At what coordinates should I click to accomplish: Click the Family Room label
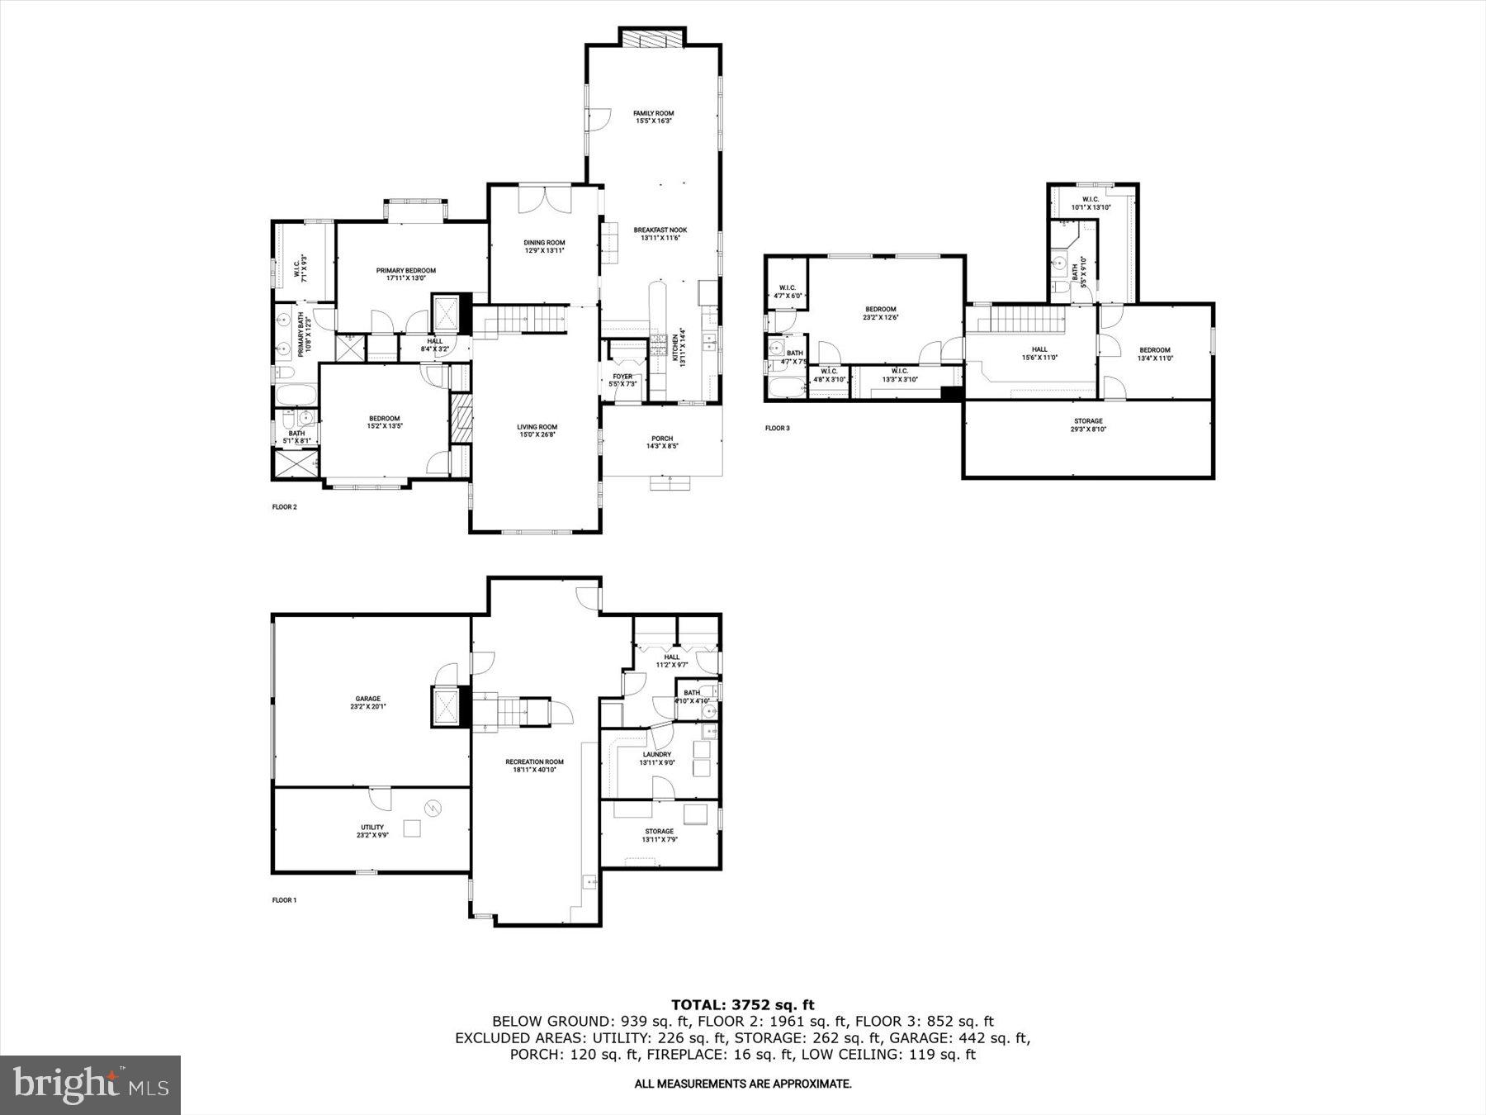coord(653,116)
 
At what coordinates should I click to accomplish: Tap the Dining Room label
coord(544,246)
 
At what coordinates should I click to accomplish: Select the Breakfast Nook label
coord(660,234)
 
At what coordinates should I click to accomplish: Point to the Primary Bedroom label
coord(405,274)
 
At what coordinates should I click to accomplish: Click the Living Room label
coord(537,430)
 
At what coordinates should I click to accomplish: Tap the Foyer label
coord(622,380)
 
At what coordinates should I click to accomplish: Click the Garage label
coord(367,702)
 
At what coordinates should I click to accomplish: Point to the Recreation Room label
coord(534,766)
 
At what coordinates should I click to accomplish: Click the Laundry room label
coord(656,758)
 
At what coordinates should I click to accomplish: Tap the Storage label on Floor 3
coord(1087,425)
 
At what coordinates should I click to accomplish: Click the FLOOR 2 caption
coord(284,507)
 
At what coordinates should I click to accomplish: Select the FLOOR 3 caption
coord(777,428)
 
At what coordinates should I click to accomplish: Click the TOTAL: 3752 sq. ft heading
coord(742,1005)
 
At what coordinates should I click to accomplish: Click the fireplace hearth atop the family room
coord(652,39)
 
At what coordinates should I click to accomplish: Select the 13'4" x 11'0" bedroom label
coord(1154,353)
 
